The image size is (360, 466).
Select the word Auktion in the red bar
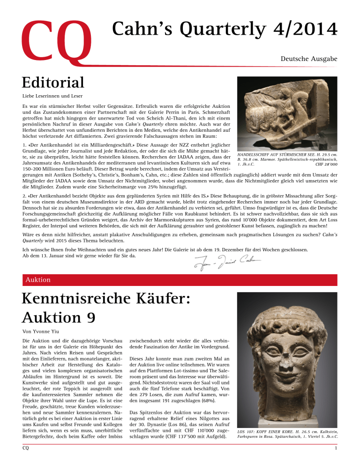37,280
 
